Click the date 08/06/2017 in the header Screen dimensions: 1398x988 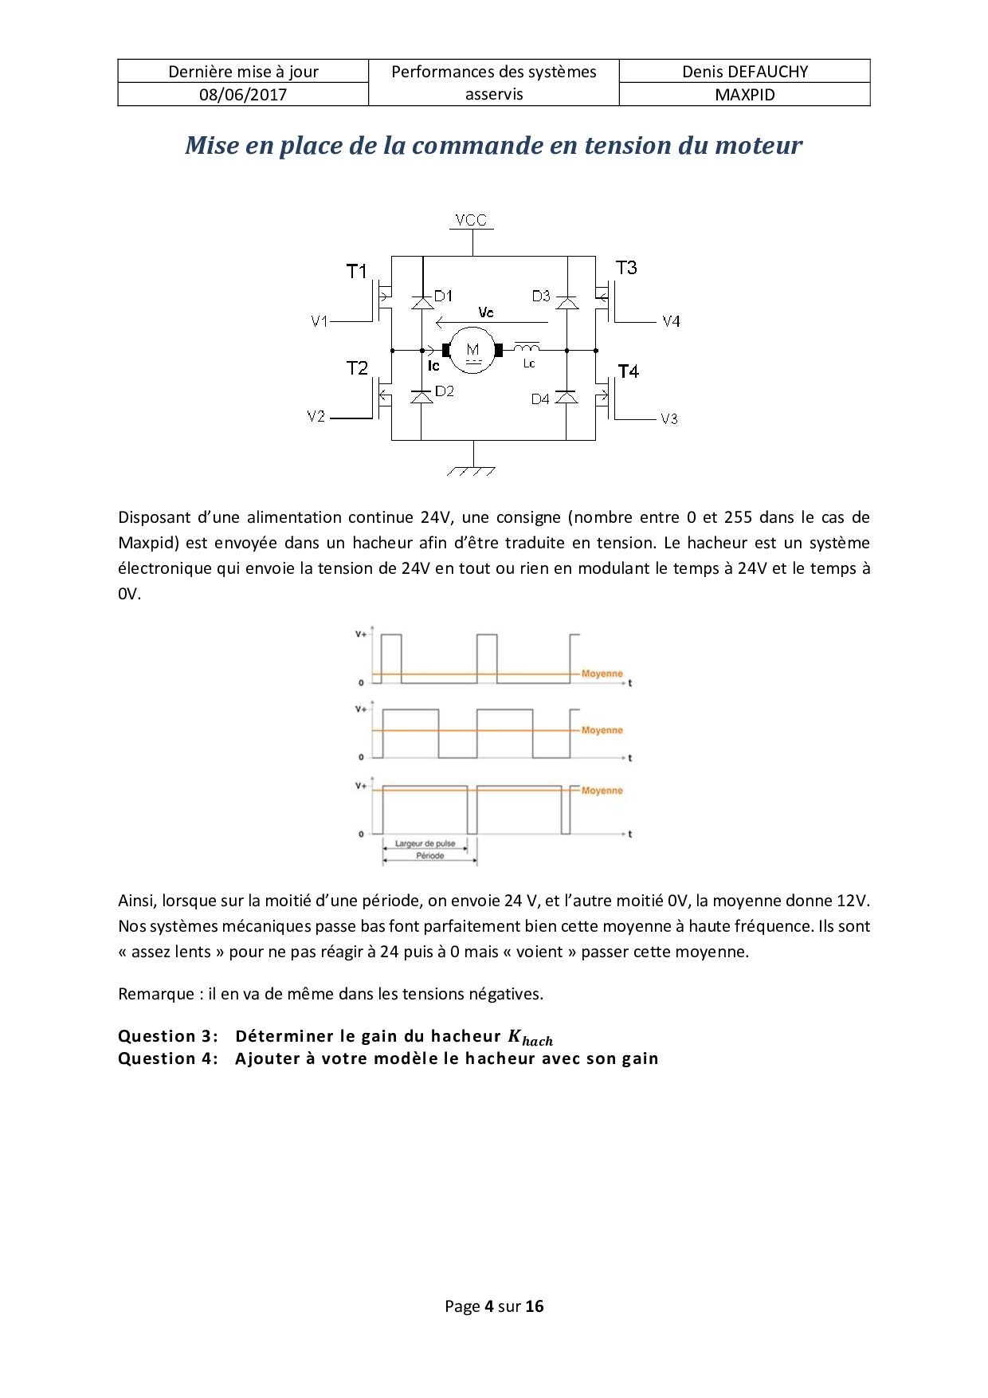coord(243,95)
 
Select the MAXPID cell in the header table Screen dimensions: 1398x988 coord(744,95)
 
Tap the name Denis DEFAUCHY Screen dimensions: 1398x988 coord(744,72)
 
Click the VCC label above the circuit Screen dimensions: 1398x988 coord(471,220)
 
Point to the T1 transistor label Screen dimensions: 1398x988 coord(356,272)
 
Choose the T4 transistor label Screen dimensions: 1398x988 coord(628,371)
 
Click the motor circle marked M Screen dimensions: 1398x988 coord(473,350)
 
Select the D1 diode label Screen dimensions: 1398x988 coord(444,296)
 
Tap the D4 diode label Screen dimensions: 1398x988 coord(540,399)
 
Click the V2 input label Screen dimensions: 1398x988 coord(316,417)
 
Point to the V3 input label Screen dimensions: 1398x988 coord(669,419)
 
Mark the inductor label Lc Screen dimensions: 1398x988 coord(529,364)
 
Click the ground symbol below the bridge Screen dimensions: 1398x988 coord(472,470)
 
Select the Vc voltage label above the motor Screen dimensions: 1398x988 coord(486,312)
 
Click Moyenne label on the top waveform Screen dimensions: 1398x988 coord(602,674)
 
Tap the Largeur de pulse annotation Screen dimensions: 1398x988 coord(425,843)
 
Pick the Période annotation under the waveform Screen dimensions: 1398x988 coord(429,856)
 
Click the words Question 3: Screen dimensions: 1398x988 coord(168,1036)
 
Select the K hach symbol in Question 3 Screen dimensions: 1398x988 coord(530,1038)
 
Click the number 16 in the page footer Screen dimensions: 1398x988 coord(535,1306)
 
